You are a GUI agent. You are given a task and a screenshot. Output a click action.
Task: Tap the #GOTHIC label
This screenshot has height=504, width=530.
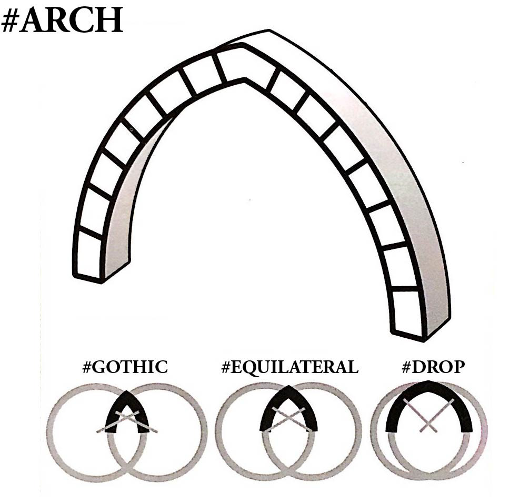coord(125,367)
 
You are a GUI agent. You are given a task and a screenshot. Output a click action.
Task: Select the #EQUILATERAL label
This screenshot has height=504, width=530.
coord(290,367)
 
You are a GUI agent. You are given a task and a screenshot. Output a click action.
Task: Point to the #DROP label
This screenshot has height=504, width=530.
coord(433,367)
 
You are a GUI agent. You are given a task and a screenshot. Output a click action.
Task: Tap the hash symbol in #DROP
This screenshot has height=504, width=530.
coord(406,367)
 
